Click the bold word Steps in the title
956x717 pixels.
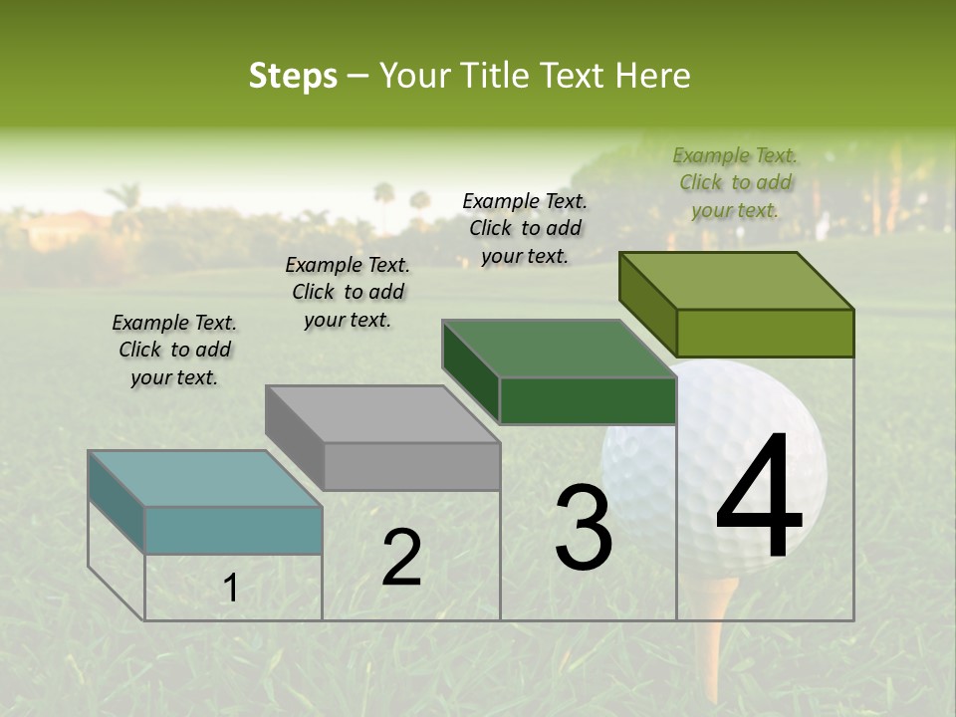tap(292, 76)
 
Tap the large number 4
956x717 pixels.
tap(759, 498)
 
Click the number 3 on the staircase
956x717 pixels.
tap(584, 528)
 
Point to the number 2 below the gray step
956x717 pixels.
tap(401, 558)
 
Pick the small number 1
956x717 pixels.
tap(230, 589)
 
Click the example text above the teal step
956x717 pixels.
tap(174, 350)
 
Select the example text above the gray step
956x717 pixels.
tap(348, 292)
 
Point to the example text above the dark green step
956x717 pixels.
tap(525, 228)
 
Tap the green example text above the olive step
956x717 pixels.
tap(735, 182)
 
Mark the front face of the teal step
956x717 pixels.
tap(233, 530)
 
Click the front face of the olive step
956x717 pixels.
tap(765, 333)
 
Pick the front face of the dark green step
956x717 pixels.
tap(588, 400)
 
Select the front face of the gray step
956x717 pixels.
tap(411, 466)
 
